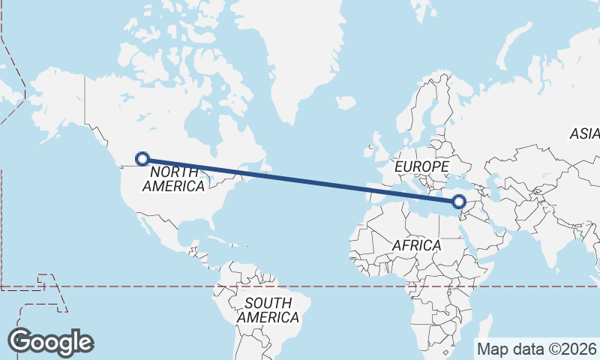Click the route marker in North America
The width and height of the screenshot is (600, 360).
pos(142,158)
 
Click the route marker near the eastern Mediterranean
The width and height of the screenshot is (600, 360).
pos(459,201)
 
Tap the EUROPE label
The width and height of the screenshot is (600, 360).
pos(421,166)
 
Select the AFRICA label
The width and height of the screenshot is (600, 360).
pos(416,245)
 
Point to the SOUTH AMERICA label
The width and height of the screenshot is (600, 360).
pos(268,310)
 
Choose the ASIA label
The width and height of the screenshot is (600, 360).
pos(583,134)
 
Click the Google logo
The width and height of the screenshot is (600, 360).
pos(50,342)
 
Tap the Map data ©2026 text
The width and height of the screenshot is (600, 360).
pos(536,349)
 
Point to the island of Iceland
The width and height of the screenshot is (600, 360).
pos(345,102)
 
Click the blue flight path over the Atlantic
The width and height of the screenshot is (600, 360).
pos(300,180)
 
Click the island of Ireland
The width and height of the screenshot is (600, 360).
pos(370,151)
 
